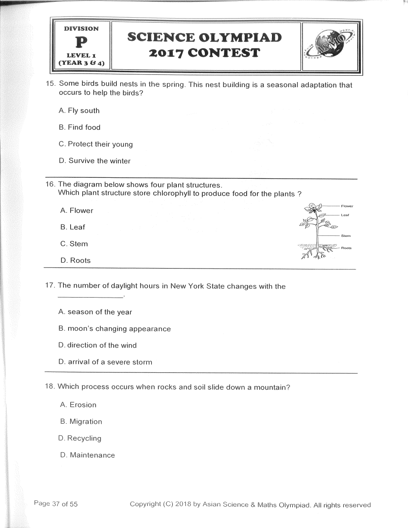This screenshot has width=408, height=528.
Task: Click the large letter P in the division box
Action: tap(81, 43)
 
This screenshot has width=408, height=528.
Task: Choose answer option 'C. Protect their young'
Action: tap(96, 144)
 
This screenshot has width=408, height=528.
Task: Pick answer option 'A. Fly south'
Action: tap(79, 111)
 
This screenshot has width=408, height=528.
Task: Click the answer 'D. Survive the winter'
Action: tap(95, 161)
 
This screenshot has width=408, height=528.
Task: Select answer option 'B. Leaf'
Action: tap(73, 227)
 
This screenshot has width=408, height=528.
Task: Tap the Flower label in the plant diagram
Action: tap(347, 206)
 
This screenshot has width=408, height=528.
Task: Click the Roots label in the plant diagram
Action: tap(346, 248)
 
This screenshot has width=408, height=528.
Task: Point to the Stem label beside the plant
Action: tap(346, 236)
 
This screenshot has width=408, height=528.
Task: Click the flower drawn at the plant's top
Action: tap(312, 209)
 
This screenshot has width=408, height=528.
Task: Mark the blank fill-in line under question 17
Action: tap(91, 297)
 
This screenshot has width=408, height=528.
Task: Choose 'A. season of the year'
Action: tap(95, 312)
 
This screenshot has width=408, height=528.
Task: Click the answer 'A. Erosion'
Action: tap(78, 405)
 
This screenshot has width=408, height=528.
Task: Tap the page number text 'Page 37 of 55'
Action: tap(56, 504)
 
